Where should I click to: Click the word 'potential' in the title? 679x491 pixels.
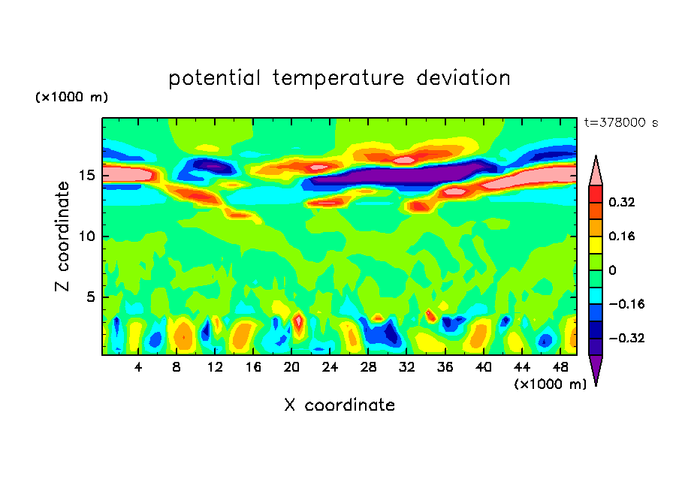pos(215,79)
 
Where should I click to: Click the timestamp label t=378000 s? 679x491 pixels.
pos(620,123)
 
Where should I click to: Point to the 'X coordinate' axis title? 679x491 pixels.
pos(339,405)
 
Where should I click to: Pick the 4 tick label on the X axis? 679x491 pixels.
pos(138,367)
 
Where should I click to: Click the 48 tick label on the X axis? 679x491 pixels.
pos(559,367)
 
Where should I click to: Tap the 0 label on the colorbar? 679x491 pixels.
pos(612,270)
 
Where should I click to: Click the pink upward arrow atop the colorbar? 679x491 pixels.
pos(596,171)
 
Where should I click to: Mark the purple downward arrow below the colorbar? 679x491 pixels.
pos(596,369)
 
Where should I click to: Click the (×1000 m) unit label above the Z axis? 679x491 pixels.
pos(72,98)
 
